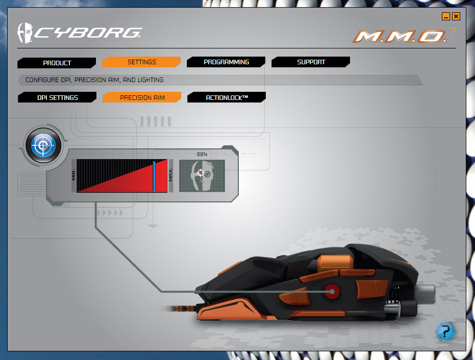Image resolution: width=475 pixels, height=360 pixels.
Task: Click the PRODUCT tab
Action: [x=57, y=63]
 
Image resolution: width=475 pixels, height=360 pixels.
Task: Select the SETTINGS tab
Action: [x=141, y=62]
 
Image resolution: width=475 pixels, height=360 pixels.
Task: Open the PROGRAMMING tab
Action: [x=226, y=62]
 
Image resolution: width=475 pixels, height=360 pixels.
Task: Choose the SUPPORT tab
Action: [x=311, y=62]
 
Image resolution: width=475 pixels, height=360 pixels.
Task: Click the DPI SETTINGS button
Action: [x=57, y=97]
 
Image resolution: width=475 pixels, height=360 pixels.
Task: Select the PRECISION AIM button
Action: [x=142, y=97]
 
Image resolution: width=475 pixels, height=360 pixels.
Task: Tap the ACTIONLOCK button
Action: [x=227, y=97]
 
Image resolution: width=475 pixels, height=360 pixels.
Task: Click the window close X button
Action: [x=456, y=16]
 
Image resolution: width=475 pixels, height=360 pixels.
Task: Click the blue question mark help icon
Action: [x=445, y=331]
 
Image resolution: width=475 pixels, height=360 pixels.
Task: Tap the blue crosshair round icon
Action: [x=43, y=145]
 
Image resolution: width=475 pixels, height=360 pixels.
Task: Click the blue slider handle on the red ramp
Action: [x=154, y=176]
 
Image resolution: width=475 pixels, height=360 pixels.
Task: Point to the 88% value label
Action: [x=202, y=155]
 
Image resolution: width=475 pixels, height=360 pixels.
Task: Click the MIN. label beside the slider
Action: [x=73, y=175]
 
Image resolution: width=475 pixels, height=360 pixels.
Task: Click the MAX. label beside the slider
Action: [x=170, y=175]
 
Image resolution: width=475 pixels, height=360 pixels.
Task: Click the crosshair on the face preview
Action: [x=201, y=172]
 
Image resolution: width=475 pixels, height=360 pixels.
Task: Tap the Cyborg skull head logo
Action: [x=25, y=33]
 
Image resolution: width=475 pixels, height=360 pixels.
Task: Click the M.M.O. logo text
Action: [x=400, y=37]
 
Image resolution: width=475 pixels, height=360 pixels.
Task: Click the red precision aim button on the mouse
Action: [x=332, y=292]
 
